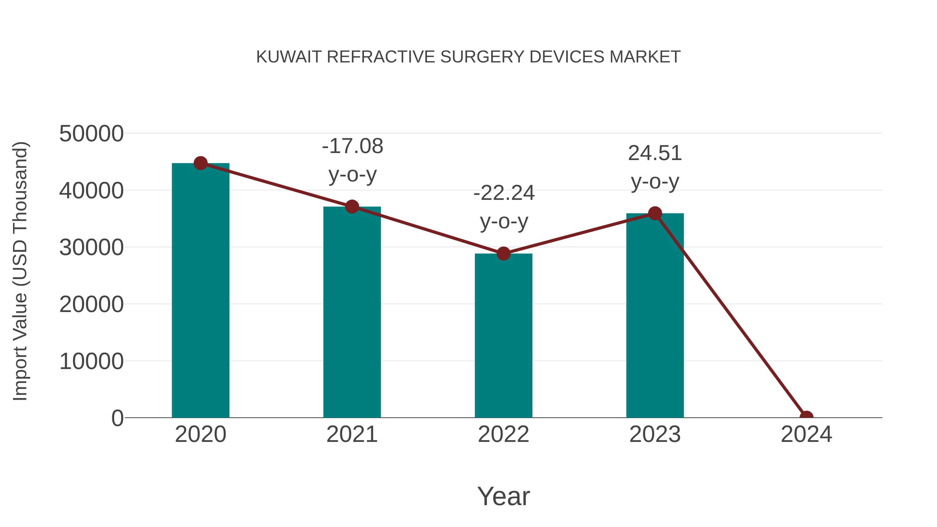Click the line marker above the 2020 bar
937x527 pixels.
[x=200, y=163]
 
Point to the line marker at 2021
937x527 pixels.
[x=352, y=207]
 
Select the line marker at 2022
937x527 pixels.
[x=503, y=253]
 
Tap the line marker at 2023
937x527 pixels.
[x=655, y=213]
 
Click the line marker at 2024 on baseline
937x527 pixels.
[x=806, y=417]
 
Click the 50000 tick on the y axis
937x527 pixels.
[x=91, y=134]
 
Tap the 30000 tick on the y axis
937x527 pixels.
[x=91, y=248]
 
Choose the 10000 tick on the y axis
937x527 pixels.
[x=91, y=361]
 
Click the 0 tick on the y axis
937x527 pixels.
[x=117, y=418]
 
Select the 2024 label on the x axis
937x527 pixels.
[x=806, y=434]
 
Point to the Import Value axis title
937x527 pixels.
[x=20, y=271]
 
